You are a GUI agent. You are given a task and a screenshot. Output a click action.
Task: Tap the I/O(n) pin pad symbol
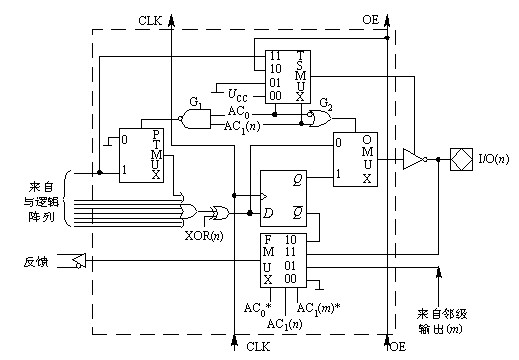(x=461, y=159)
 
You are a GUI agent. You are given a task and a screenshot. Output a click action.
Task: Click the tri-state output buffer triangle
(x=414, y=159)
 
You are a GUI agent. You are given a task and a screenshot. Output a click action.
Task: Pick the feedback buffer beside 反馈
(x=79, y=261)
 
